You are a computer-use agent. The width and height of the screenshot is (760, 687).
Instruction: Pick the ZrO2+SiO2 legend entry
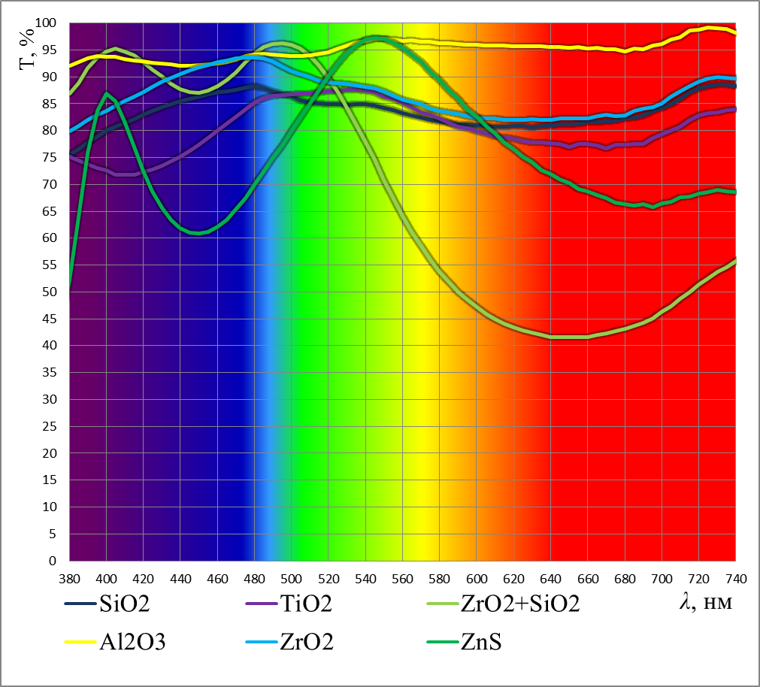pos(519,604)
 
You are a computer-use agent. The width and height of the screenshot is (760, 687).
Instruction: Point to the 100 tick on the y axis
pos(47,23)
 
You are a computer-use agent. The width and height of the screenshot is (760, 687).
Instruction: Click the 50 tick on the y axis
pos(50,292)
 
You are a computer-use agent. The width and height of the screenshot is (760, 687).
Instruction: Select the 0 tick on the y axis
pos(53,561)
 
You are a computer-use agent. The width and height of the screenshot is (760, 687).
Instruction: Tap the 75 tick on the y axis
pos(50,158)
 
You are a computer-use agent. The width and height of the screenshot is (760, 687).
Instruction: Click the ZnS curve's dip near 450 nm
pos(198,233)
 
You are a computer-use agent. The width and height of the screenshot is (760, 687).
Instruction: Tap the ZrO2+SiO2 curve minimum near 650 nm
pos(569,337)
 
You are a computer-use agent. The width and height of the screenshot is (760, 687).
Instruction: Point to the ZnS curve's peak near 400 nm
pos(107,92)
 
